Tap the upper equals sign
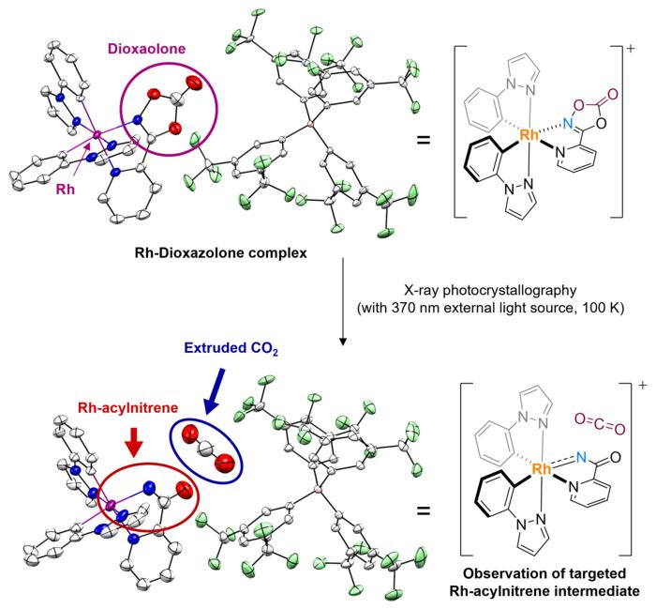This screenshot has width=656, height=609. coord(424,142)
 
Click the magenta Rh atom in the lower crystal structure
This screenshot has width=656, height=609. coord(111,507)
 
